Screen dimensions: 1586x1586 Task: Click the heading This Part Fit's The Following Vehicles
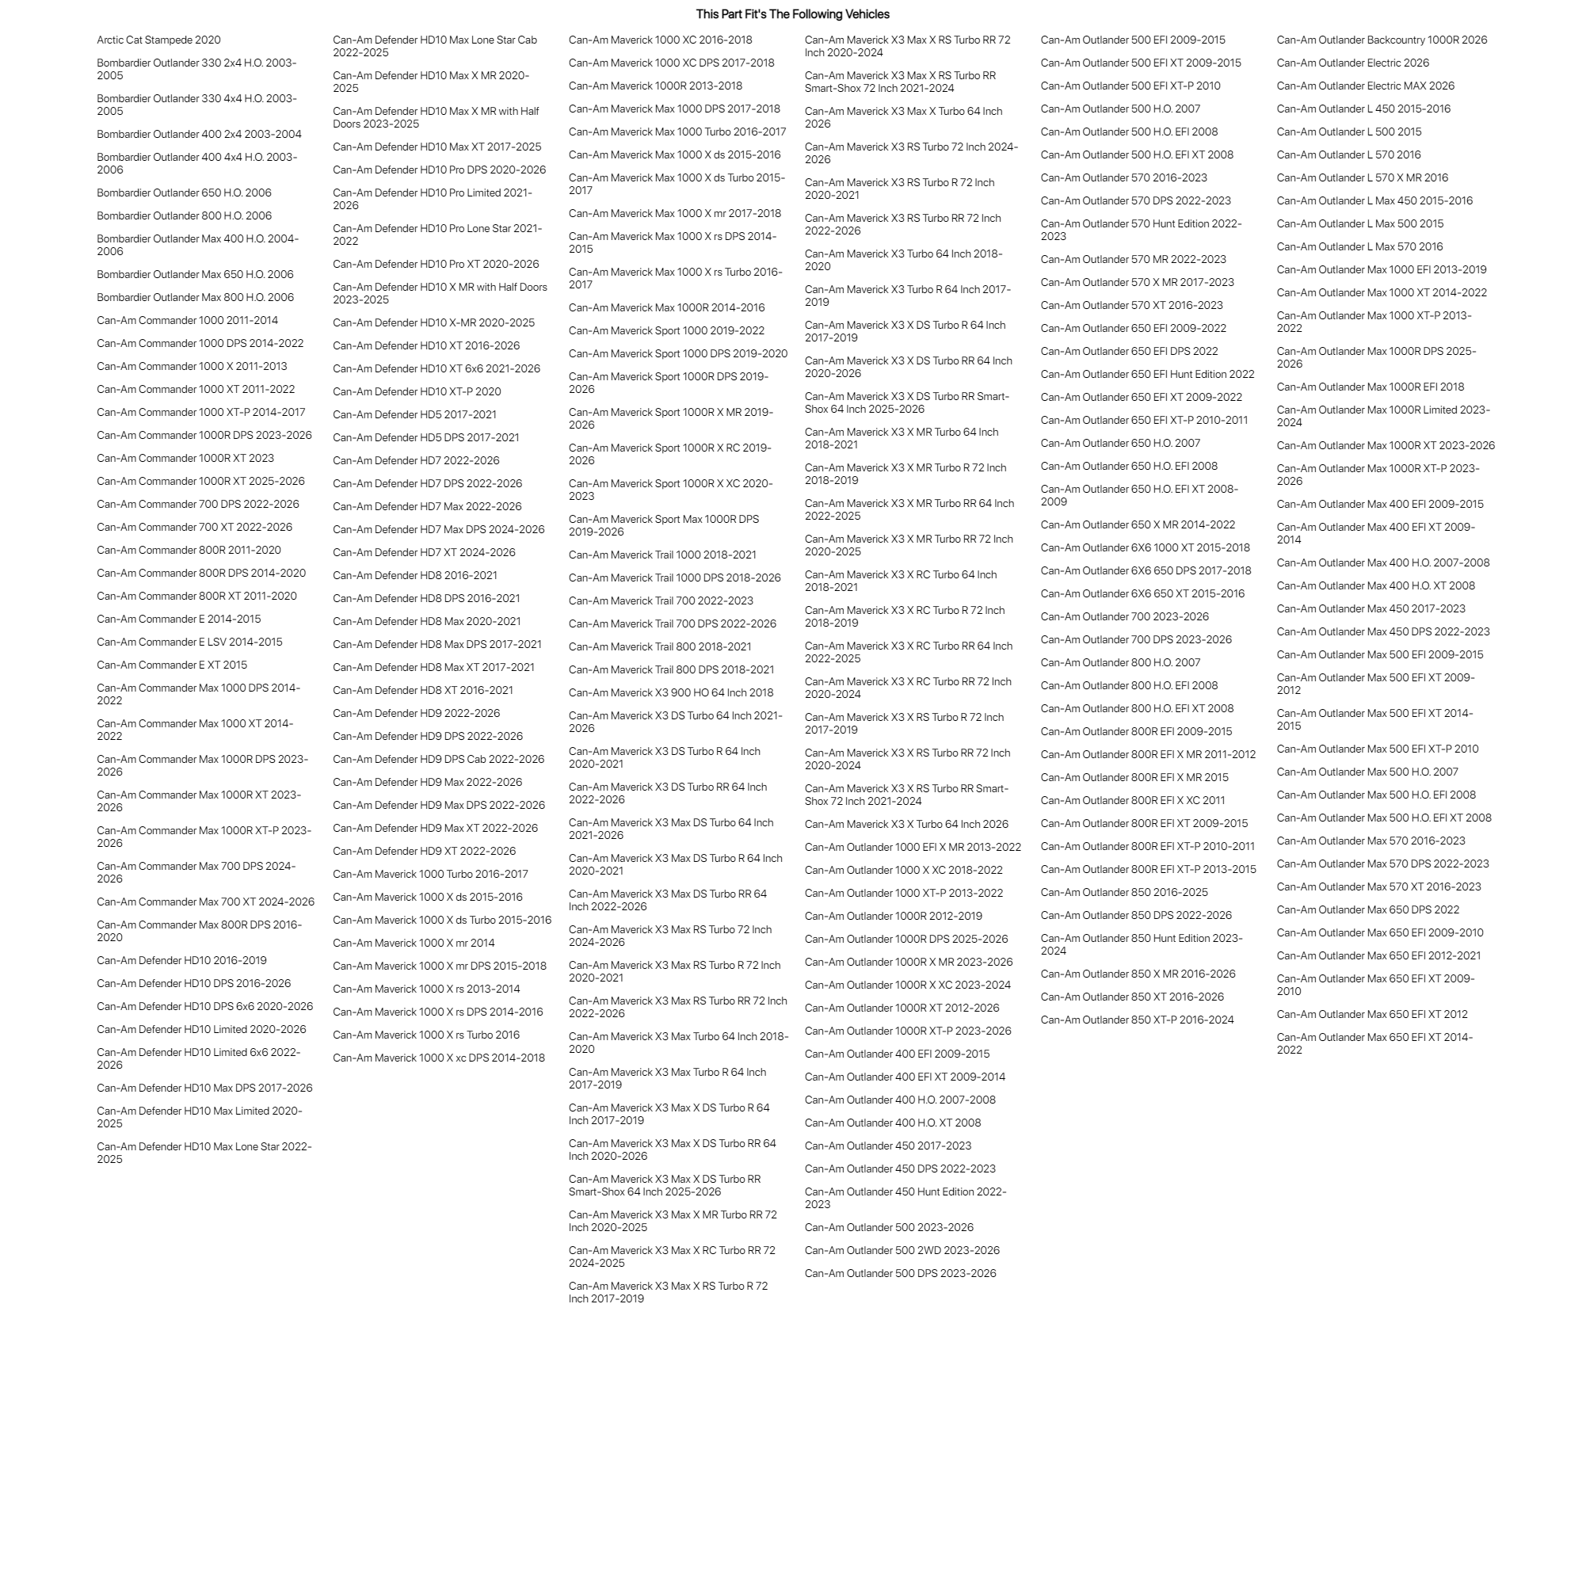(792, 14)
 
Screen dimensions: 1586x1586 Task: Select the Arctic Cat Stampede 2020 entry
(158, 40)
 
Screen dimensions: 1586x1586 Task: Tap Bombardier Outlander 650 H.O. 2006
(184, 193)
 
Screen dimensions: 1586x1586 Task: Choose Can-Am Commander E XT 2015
(172, 665)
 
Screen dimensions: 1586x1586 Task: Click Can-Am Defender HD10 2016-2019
(181, 960)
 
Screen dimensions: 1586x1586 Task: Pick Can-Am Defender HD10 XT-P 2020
(416, 391)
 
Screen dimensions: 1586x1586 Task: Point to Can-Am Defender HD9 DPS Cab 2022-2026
(438, 760)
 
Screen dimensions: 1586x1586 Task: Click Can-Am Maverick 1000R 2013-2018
(655, 86)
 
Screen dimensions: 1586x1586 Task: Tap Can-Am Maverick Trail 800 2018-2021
(660, 647)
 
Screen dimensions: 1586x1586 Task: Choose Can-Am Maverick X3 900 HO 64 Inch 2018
(671, 693)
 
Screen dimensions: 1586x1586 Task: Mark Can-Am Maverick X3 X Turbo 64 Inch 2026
(906, 824)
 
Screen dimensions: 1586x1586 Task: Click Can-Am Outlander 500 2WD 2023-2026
(902, 1250)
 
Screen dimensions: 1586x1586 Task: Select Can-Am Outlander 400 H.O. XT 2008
(892, 1123)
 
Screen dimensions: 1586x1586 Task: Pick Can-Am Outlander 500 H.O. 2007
(1119, 109)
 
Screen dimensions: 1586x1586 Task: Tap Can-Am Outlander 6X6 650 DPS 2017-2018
(1146, 570)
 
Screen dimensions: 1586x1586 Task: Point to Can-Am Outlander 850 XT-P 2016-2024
(1137, 1020)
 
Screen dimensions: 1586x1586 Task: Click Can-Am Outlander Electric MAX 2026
(1365, 86)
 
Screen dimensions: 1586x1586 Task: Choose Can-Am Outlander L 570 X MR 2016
(1362, 178)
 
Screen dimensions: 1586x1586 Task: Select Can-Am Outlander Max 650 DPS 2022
(1367, 909)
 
